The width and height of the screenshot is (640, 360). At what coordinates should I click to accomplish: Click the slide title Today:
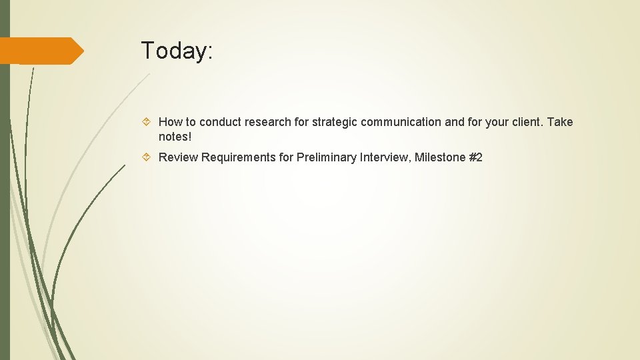click(177, 51)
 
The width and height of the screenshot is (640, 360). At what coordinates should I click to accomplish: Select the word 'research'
click(267, 122)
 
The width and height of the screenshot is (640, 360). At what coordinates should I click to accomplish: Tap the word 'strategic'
click(333, 122)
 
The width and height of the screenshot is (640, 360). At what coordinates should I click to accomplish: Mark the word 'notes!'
click(175, 137)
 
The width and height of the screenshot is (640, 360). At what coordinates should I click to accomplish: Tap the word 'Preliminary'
click(325, 157)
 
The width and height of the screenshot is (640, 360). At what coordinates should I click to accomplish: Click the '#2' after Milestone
click(475, 157)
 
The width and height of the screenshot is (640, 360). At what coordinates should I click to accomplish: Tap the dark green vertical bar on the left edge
click(5, 200)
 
